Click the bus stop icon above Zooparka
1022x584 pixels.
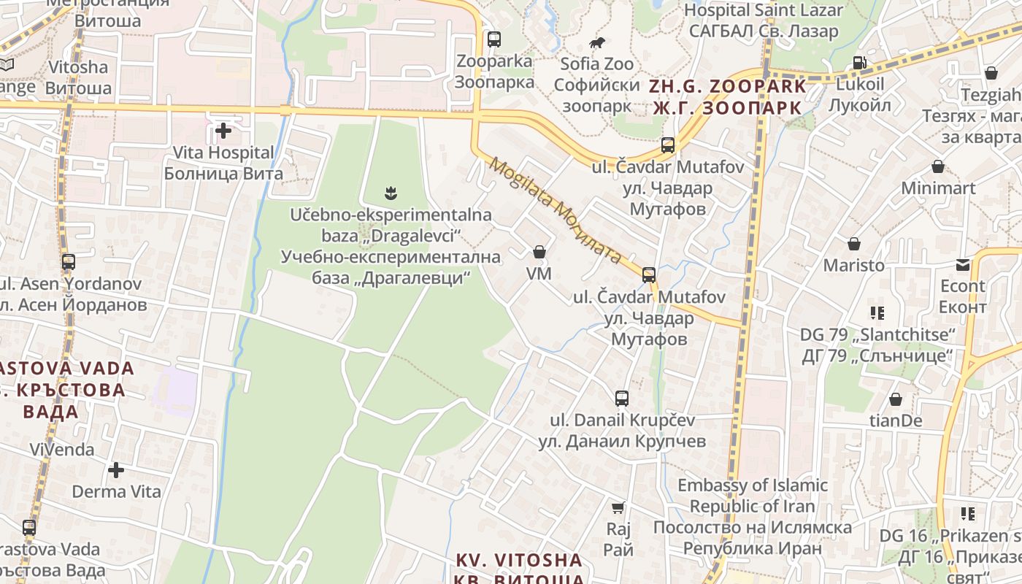tap(494, 39)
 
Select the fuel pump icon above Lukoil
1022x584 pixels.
tap(860, 64)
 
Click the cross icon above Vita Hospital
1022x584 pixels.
tap(223, 131)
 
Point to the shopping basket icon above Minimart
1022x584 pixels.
tap(938, 167)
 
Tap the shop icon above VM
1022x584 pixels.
tap(539, 253)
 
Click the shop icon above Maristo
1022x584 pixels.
tap(854, 244)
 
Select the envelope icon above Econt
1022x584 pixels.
tap(963, 265)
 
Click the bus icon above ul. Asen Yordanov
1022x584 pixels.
tap(69, 261)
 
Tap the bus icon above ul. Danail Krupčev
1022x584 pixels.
tap(622, 399)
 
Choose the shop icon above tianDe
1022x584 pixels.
tap(896, 399)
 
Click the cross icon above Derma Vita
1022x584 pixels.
tap(116, 469)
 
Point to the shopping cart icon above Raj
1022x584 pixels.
tap(618, 507)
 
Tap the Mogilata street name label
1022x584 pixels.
tap(556, 210)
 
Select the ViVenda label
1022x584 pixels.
tap(62, 449)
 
